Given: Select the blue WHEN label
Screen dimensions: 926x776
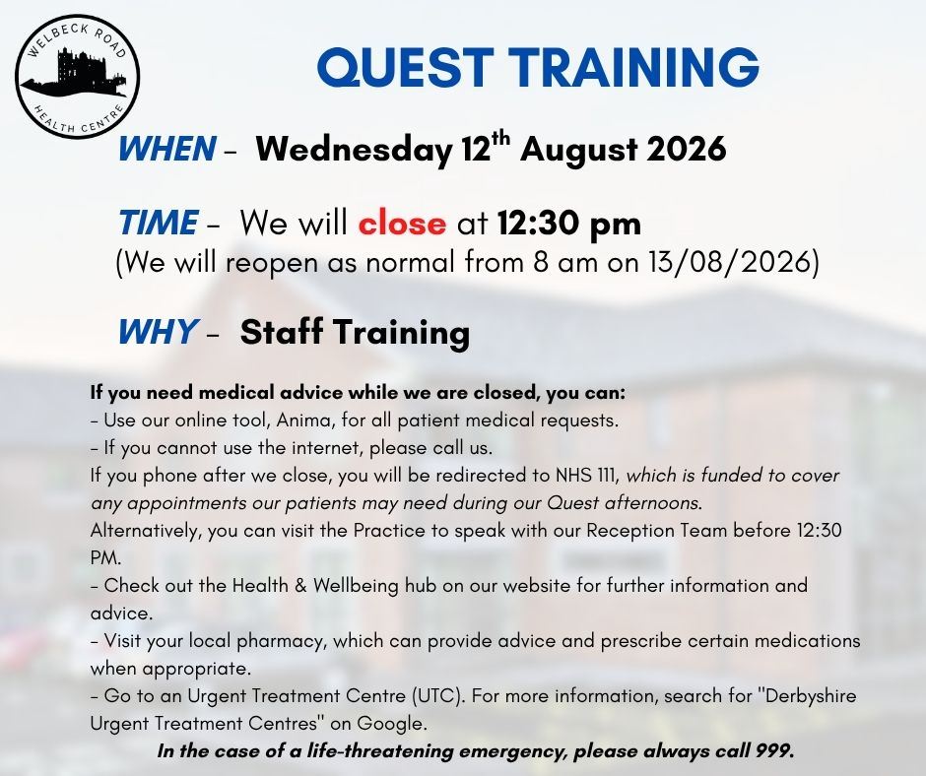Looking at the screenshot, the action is pyautogui.click(x=167, y=149).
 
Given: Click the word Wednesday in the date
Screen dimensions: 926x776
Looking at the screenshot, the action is pyautogui.click(x=354, y=150).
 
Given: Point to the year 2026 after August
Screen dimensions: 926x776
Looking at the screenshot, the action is pyautogui.click(x=687, y=149).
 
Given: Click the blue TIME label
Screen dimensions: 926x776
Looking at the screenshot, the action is pyautogui.click(x=159, y=223).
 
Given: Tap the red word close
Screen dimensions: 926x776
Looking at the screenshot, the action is pyautogui.click(x=402, y=224).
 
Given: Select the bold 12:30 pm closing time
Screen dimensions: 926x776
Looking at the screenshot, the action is pyautogui.click(x=568, y=224).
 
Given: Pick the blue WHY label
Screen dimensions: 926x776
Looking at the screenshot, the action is pyautogui.click(x=157, y=331).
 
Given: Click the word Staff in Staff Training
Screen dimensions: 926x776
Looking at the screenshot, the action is pyautogui.click(x=283, y=331).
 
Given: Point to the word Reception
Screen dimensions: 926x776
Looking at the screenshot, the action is pyautogui.click(x=629, y=531).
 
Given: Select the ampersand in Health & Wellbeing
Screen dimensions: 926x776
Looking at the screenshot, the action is pyautogui.click(x=300, y=586).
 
